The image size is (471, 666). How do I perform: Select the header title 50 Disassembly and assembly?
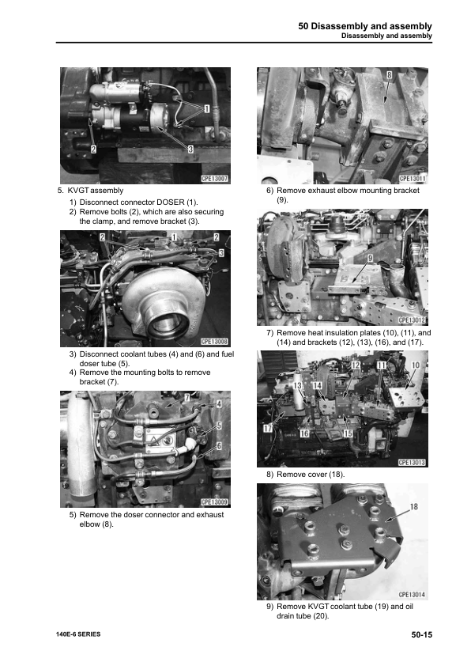(365, 26)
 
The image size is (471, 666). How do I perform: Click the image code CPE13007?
(214, 180)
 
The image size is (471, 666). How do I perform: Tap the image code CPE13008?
(214, 342)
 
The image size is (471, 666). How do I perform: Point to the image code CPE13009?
(214, 501)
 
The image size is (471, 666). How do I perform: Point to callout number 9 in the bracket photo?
(370, 258)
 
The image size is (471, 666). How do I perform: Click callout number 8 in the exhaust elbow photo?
(389, 76)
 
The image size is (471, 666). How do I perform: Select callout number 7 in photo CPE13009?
(187, 396)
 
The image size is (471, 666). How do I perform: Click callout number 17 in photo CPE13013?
(268, 428)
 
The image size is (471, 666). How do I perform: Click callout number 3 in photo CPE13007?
(190, 149)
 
